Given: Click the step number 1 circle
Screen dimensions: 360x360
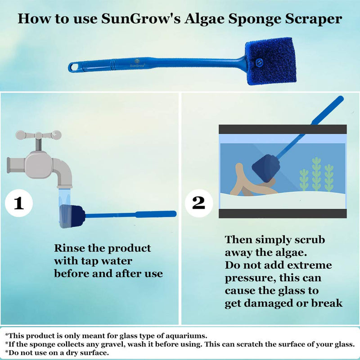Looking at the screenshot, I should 19,204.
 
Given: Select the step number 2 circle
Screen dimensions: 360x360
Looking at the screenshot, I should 198,203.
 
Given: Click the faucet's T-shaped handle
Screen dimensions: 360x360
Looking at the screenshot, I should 38,135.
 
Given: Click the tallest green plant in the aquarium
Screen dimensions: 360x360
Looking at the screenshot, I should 317,174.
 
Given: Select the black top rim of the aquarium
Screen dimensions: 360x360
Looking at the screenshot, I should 283,129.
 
